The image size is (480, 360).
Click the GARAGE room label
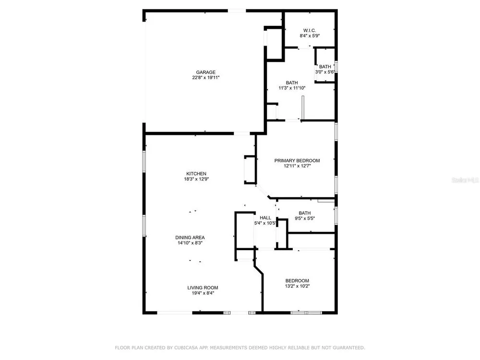tap(206, 72)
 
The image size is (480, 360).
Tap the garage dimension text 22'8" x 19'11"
tap(206, 78)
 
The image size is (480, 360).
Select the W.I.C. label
tap(310, 30)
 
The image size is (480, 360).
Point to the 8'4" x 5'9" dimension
tap(310, 36)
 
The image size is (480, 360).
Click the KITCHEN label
tap(196, 174)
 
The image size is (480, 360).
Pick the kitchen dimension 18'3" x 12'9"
tap(196, 179)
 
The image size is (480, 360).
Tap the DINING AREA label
tap(190, 238)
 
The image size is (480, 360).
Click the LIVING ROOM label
tap(203, 288)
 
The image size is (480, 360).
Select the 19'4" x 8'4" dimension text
tap(203, 293)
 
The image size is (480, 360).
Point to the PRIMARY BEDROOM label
tap(297, 160)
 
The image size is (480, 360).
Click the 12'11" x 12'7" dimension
tap(297, 166)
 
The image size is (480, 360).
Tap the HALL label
tap(265, 217)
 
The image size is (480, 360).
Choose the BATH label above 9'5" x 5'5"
tap(305, 213)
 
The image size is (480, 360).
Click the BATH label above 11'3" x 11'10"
tap(292, 83)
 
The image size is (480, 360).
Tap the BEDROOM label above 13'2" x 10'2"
tap(297, 281)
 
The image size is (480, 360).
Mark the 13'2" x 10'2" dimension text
tap(297, 286)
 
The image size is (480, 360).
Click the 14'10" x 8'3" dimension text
tap(190, 243)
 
